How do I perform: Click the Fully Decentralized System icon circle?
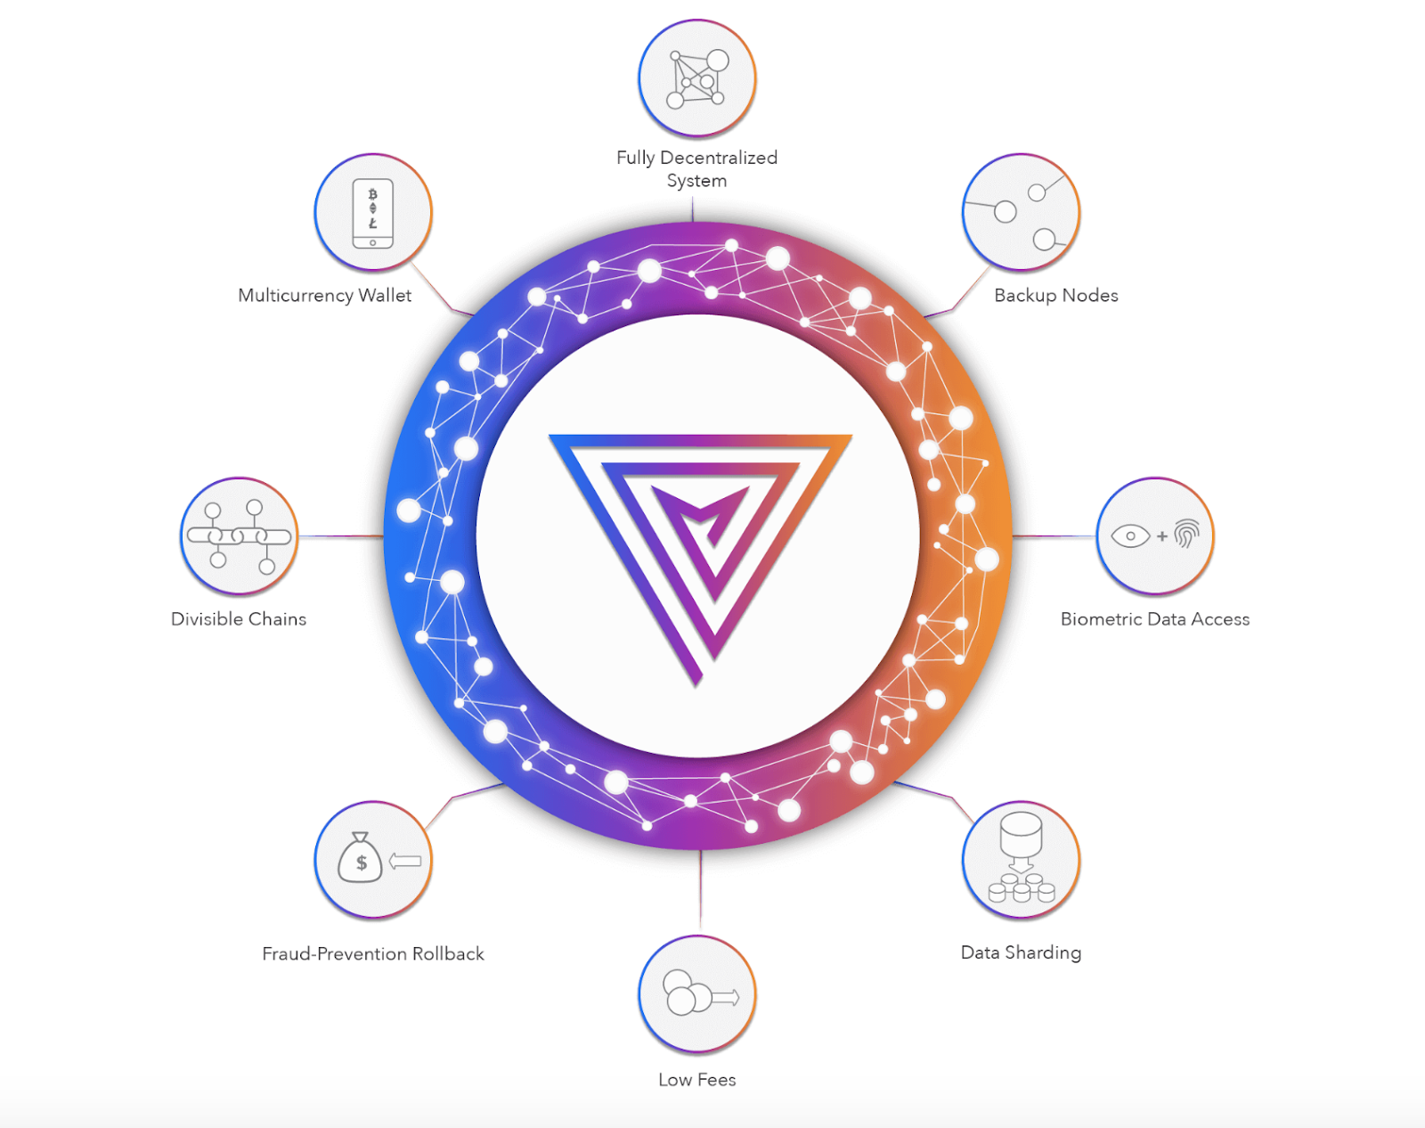(696, 78)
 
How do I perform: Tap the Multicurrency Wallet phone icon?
(372, 214)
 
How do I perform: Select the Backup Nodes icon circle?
(1021, 212)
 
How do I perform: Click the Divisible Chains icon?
(239, 535)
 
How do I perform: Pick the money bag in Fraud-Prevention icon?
(360, 858)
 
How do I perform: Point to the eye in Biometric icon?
(1130, 536)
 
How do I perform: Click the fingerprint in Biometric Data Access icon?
(1186, 535)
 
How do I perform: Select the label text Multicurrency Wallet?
(324, 296)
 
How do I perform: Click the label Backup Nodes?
(1055, 296)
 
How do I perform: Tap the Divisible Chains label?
(239, 619)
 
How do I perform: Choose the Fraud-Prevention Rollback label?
(372, 954)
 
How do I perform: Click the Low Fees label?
(696, 1080)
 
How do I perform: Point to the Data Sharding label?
(1021, 952)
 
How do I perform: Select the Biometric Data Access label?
(1154, 619)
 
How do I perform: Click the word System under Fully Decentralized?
(696, 181)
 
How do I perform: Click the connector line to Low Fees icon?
(700, 891)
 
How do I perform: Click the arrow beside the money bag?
(405, 861)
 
